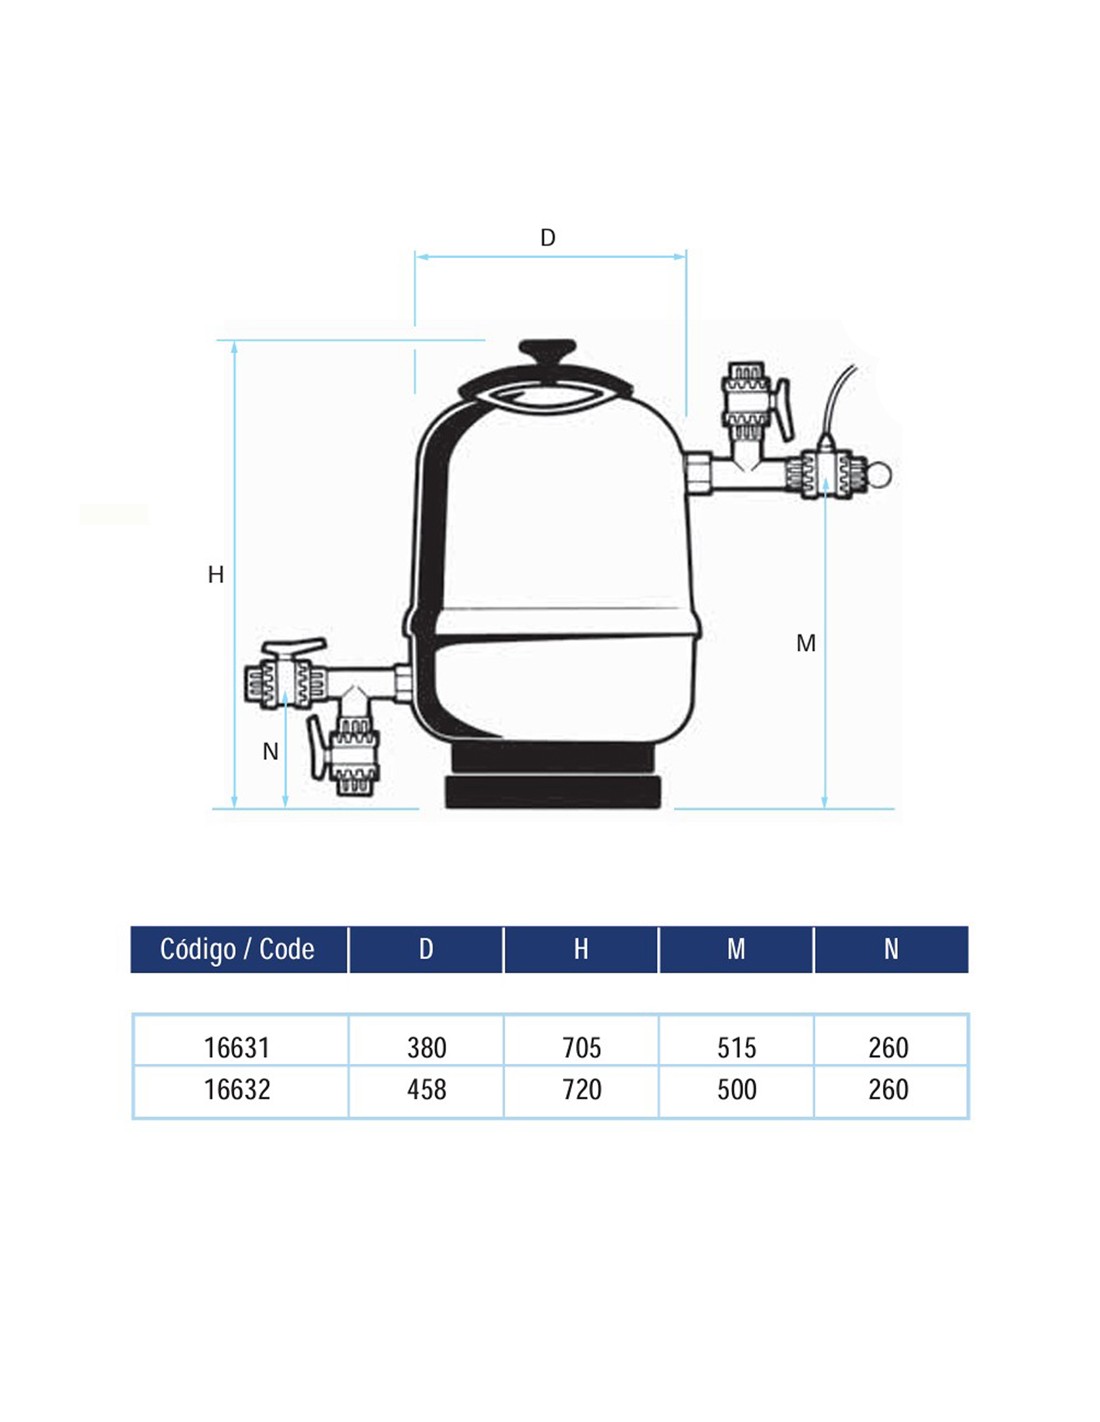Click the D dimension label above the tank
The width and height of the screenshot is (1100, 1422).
point(548,238)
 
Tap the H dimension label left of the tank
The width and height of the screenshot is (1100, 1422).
point(215,575)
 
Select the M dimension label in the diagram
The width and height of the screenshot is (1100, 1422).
point(806,644)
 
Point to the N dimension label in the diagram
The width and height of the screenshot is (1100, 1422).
point(270,752)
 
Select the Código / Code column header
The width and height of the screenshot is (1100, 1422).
point(237,949)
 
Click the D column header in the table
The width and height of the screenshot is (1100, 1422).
point(426,950)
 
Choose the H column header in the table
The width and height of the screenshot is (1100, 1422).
point(581,950)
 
